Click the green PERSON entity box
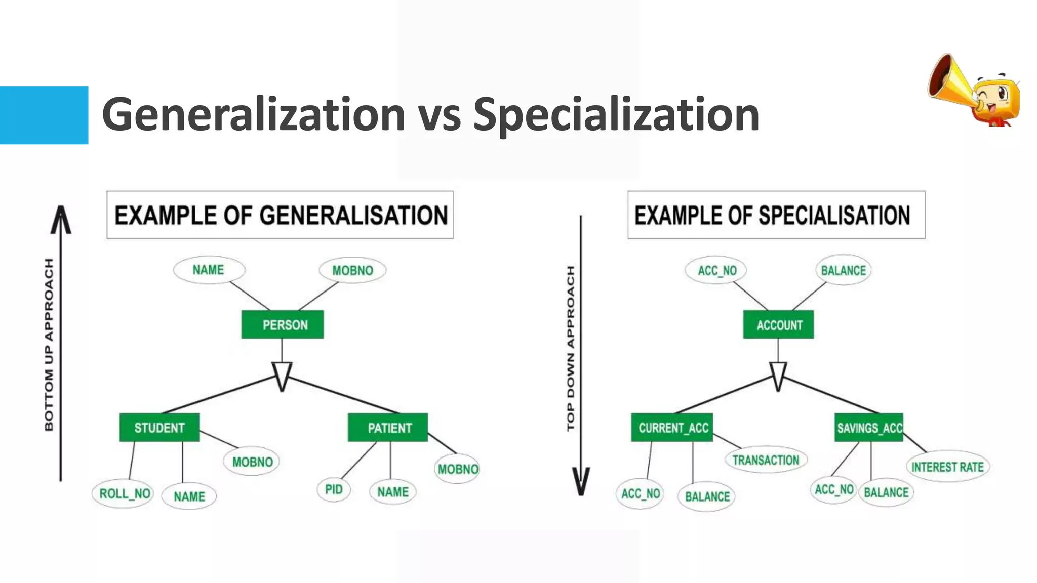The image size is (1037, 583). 283,324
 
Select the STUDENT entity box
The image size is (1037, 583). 159,428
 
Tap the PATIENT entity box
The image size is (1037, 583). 388,428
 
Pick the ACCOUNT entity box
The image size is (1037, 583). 778,324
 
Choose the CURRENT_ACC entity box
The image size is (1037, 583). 672,428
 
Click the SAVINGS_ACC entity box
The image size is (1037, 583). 869,428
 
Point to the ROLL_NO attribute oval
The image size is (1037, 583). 123,493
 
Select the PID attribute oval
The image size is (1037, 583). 334,489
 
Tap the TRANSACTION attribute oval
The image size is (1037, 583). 766,460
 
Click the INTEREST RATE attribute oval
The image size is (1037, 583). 947,467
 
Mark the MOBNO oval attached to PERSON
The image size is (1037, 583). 352,270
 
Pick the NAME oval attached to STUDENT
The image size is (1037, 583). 189,496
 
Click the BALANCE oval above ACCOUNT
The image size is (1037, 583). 844,270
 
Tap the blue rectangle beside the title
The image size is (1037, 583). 44,115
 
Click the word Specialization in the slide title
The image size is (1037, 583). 616,115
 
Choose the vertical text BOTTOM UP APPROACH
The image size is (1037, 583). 49,344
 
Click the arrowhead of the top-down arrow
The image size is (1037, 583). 581,481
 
